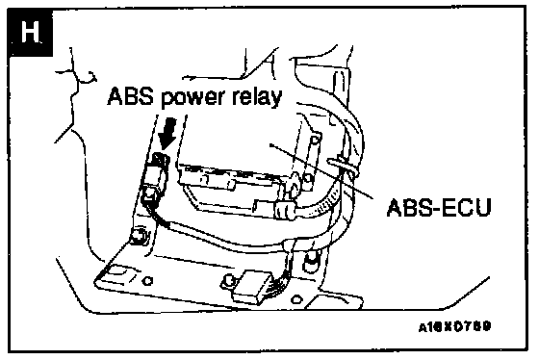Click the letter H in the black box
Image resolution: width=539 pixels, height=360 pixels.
pos(30,32)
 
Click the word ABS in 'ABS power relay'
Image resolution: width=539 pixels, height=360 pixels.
pos(130,96)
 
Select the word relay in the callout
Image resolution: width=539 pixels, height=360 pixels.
pos(257,97)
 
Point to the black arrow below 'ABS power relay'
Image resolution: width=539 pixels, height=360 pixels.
pos(167,135)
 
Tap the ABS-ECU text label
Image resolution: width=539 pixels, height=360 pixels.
pos(439,207)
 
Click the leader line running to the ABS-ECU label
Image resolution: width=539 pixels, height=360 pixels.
pos(321,171)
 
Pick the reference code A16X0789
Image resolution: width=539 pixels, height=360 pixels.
pos(454,326)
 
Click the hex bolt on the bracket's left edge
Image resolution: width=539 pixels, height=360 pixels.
pos(139,236)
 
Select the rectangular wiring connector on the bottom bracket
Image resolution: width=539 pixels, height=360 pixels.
pos(252,286)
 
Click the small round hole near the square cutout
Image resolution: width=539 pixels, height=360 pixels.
pos(148,281)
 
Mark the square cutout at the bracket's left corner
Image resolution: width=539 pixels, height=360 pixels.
pos(118,275)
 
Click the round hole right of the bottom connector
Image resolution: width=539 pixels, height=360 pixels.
pos(296,299)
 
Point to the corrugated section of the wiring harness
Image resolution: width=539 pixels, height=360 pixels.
pos(323,204)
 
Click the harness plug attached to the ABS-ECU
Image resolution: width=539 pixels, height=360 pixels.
pos(284,210)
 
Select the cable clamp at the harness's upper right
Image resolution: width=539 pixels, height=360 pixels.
pos(344,167)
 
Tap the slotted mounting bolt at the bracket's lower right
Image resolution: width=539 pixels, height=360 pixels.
pos(310,263)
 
